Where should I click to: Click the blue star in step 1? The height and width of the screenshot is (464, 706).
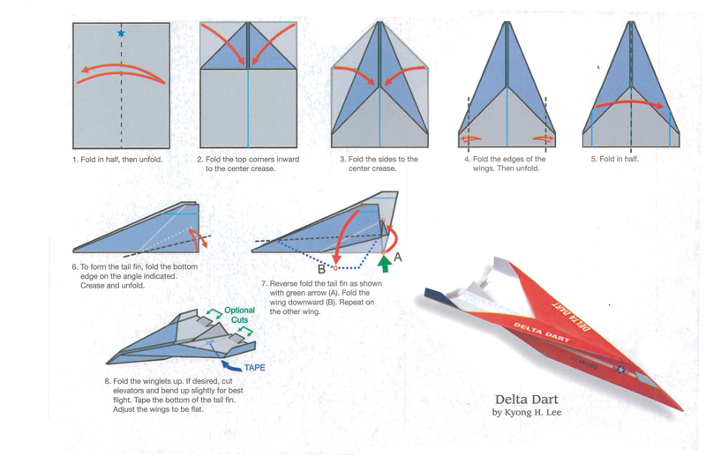(x=121, y=34)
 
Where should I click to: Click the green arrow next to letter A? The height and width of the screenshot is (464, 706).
(x=384, y=262)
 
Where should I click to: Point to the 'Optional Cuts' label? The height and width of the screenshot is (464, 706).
(x=238, y=315)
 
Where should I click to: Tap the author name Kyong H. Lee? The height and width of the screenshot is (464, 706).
(x=533, y=413)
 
